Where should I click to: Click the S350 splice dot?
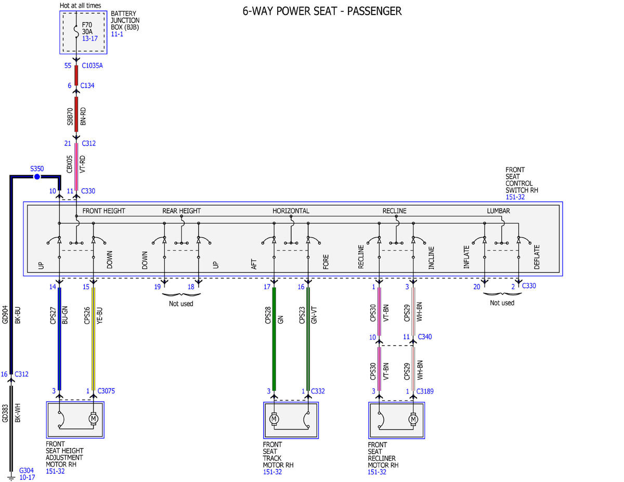tap(37, 177)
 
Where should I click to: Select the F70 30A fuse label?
tap(87, 28)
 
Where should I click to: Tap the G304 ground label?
tap(27, 470)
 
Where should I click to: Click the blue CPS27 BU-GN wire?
tap(59, 338)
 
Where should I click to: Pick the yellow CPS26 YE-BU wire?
tap(93, 338)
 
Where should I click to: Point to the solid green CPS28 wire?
tap(274, 338)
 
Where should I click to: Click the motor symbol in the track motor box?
tap(274, 419)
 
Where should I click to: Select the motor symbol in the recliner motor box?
tap(413, 419)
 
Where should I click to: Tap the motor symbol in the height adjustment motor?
tap(93, 419)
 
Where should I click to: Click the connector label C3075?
tap(106, 390)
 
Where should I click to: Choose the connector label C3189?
tap(425, 391)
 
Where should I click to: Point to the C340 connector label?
tap(425, 336)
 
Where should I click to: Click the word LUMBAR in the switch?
tap(499, 211)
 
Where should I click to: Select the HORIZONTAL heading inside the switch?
tap(291, 211)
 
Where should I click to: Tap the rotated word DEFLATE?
tap(537, 257)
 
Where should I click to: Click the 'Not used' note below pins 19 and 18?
tap(181, 304)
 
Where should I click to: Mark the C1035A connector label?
tap(92, 66)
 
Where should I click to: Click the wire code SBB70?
tap(70, 116)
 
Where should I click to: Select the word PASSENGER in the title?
tap(374, 11)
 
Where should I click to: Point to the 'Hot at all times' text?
tap(81, 5)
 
